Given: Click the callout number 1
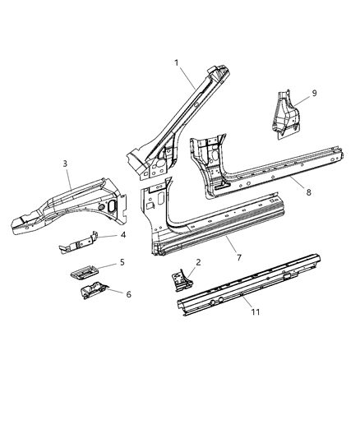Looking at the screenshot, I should [176, 62].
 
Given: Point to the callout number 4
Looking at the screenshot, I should [122, 236].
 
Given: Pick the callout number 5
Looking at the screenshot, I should [122, 263].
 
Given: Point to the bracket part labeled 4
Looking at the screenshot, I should [82, 243].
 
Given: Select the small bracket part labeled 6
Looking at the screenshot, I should [90, 289].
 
